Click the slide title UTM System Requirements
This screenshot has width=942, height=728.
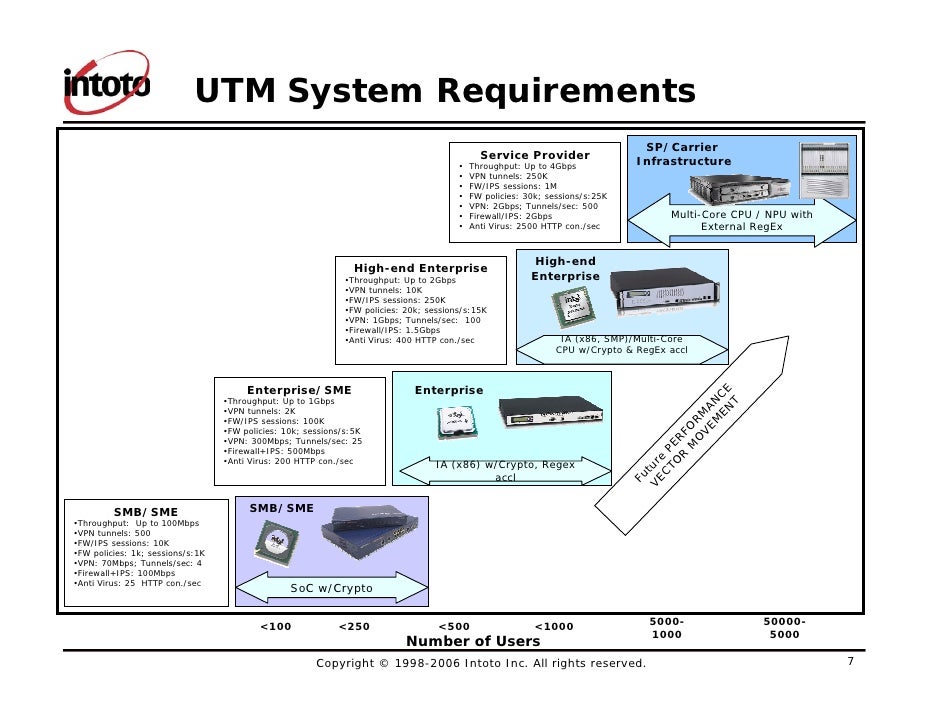click(x=444, y=91)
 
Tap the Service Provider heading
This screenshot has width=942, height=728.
click(x=535, y=155)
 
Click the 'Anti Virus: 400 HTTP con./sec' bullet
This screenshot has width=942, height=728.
click(x=409, y=341)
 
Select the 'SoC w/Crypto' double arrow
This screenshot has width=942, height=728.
click(x=331, y=588)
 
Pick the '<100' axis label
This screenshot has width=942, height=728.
click(x=275, y=627)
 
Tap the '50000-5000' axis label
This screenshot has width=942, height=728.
click(x=784, y=628)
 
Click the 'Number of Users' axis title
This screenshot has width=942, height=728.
click(x=473, y=641)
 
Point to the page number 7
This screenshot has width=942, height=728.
click(x=850, y=662)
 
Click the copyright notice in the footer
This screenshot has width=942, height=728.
click(x=481, y=664)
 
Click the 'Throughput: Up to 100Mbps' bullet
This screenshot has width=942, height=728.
click(x=138, y=523)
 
